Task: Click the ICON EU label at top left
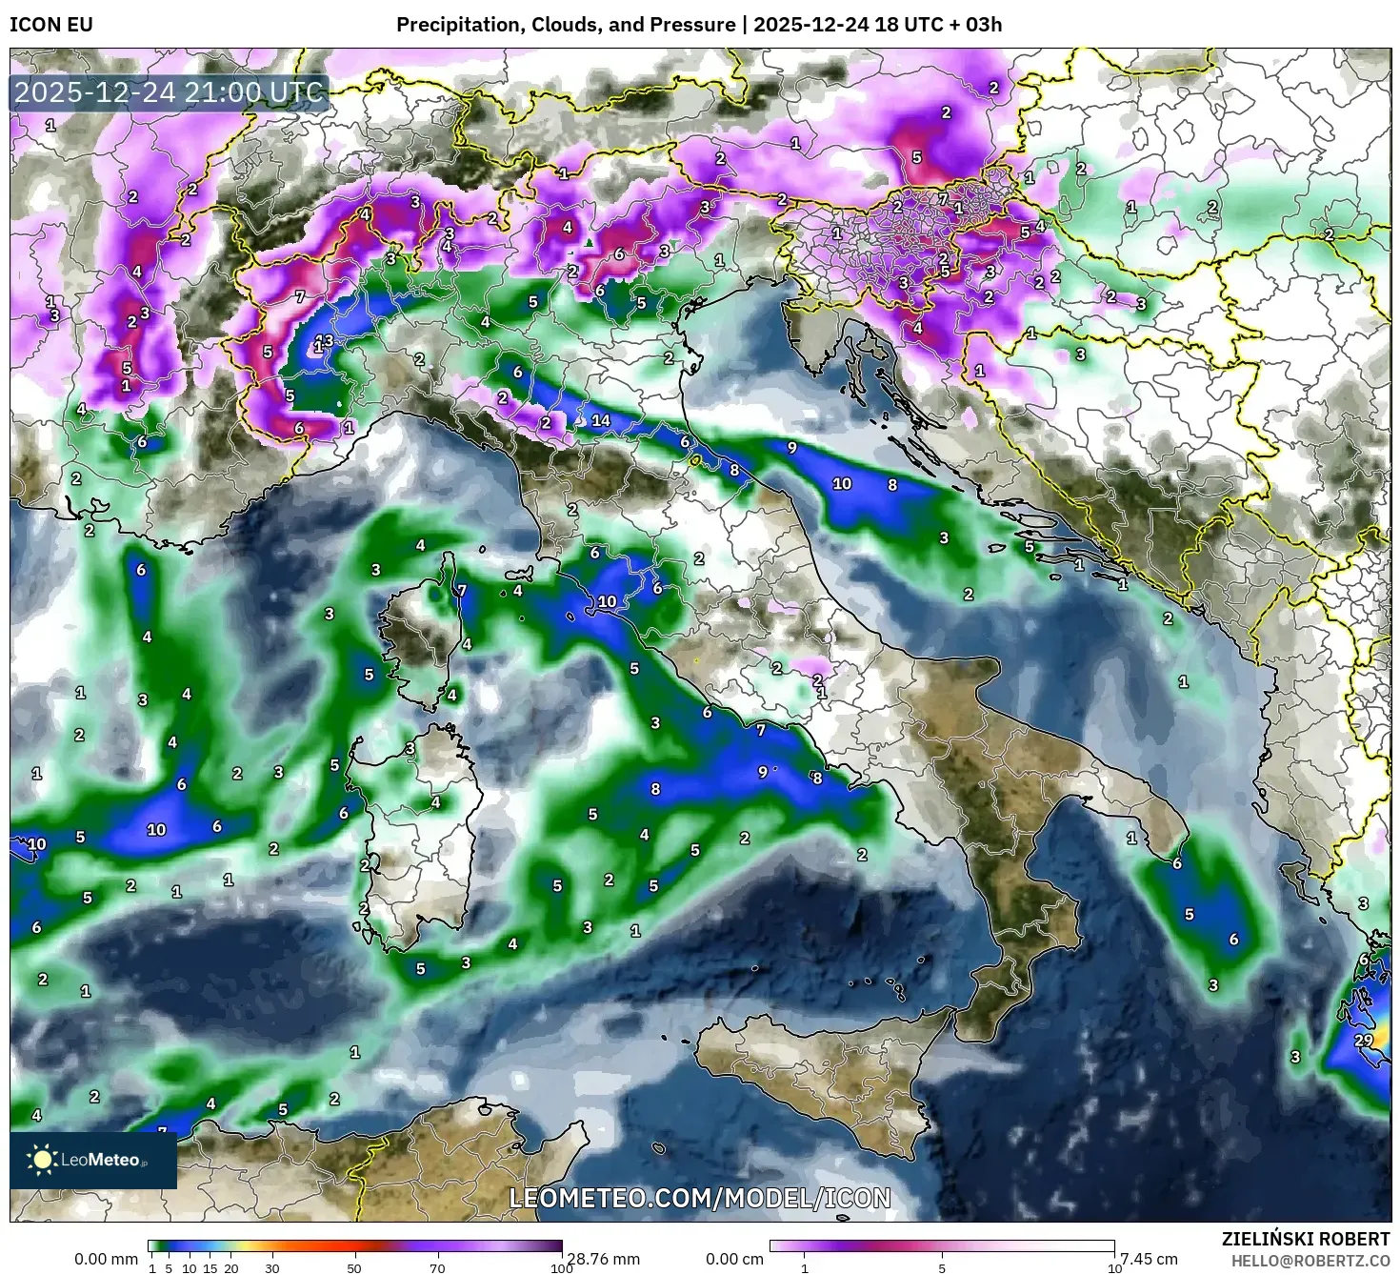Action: click(x=51, y=25)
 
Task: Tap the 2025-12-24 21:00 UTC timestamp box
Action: click(x=170, y=93)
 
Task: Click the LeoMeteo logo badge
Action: click(x=93, y=1160)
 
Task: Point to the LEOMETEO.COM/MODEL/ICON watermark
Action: click(x=700, y=1198)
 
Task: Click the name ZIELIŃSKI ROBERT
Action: click(x=1306, y=1239)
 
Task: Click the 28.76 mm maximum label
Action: click(x=604, y=1259)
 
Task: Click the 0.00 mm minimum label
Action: click(x=106, y=1259)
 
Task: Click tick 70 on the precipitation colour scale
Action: click(x=437, y=1268)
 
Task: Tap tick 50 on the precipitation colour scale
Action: click(x=354, y=1268)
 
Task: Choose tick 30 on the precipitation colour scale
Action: click(x=272, y=1268)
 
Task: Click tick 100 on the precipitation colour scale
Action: click(x=561, y=1268)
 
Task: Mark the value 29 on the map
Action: click(x=1363, y=1040)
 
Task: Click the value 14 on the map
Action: click(x=600, y=420)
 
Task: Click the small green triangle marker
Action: click(x=590, y=243)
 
